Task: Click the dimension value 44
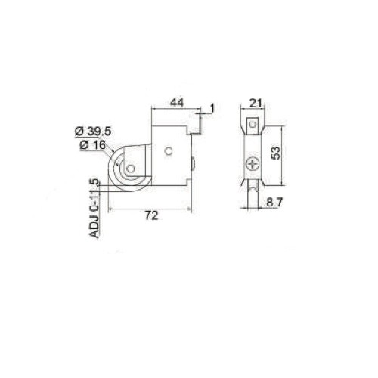[175, 101]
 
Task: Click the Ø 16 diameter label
[92, 144]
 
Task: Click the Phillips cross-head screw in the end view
[253, 161]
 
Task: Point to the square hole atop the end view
[255, 125]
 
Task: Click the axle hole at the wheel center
[130, 170]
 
